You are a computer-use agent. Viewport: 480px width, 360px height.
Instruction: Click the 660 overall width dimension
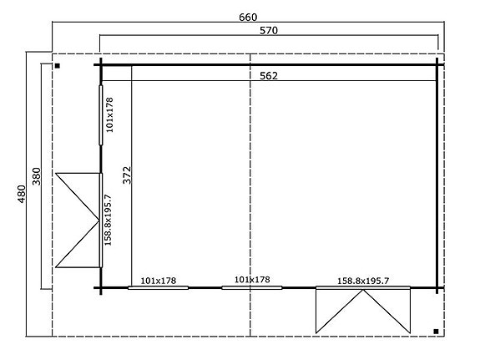(x=248, y=17)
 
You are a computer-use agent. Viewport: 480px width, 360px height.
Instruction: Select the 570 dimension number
(x=268, y=30)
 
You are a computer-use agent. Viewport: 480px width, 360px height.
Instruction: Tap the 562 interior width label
(x=268, y=75)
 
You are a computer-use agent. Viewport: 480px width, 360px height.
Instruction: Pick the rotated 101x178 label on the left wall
(x=109, y=114)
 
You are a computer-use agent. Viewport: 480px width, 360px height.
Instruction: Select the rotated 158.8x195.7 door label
(x=109, y=219)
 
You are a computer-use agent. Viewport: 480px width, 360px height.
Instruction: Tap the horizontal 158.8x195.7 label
(x=362, y=281)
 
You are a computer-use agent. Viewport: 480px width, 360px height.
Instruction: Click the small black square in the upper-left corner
(x=57, y=64)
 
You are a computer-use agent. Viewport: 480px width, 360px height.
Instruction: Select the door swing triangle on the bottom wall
(x=362, y=310)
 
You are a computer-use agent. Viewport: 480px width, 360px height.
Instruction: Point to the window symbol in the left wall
(x=100, y=114)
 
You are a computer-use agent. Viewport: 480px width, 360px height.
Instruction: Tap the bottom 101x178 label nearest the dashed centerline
(x=252, y=280)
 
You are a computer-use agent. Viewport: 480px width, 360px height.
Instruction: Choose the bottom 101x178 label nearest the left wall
(x=159, y=280)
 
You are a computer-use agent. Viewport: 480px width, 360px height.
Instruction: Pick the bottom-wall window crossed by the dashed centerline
(x=252, y=288)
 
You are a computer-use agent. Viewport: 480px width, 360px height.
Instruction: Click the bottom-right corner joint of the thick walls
(x=437, y=288)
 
